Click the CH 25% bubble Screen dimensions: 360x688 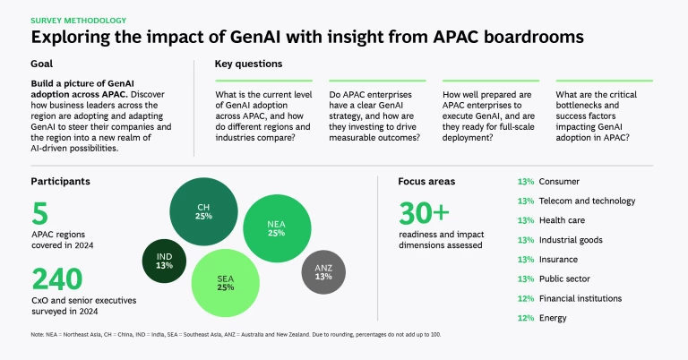point(203,212)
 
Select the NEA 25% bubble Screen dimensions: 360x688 point(276,228)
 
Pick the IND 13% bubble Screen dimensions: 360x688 point(164,261)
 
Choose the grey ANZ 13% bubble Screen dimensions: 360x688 point(324,271)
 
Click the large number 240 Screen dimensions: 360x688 point(57,279)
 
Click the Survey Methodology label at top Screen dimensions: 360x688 point(79,20)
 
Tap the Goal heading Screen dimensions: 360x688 point(42,64)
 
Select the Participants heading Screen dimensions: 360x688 point(61,181)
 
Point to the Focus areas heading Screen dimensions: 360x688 point(426,181)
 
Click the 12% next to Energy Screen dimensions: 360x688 point(526,318)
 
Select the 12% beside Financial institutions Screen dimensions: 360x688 point(526,298)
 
